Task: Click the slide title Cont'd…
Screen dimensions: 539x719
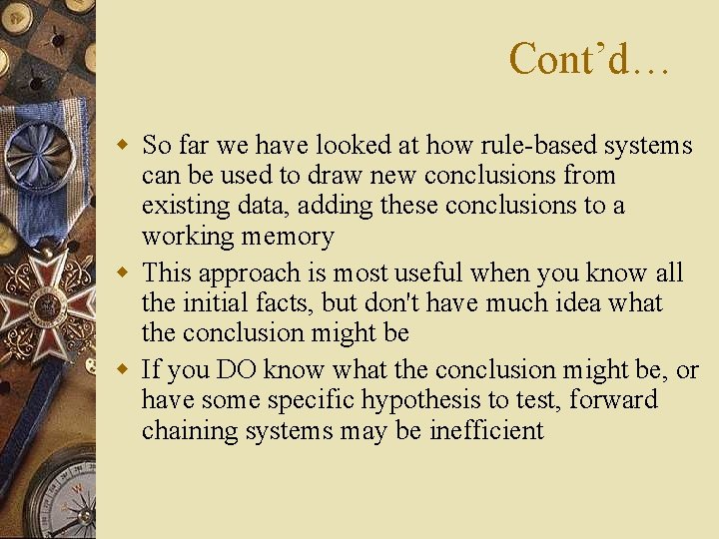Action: click(x=588, y=59)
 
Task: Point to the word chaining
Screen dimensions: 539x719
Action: click(x=185, y=431)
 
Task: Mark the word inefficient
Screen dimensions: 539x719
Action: click(x=486, y=431)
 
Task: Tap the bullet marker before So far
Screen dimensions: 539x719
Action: click(x=124, y=146)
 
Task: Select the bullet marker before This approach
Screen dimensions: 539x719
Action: click(x=124, y=272)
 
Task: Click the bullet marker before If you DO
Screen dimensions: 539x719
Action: click(x=124, y=369)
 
